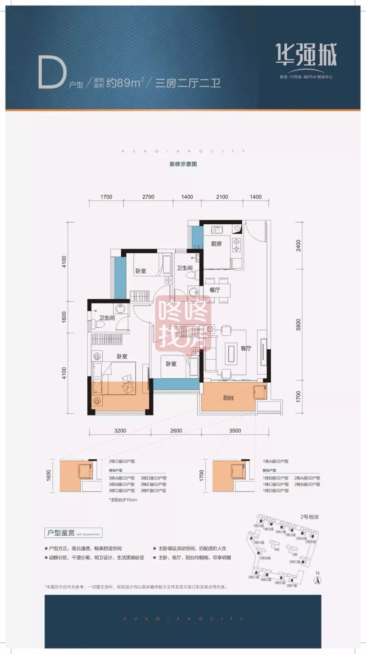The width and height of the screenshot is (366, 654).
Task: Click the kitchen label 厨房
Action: tap(216, 244)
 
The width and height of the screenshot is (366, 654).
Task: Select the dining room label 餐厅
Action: tap(215, 290)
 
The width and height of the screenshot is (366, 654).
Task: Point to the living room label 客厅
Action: tap(246, 348)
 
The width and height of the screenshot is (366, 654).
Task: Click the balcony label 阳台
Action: tap(228, 398)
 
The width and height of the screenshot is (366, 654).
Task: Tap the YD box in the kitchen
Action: tap(236, 229)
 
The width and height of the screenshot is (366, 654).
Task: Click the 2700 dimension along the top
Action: tap(148, 197)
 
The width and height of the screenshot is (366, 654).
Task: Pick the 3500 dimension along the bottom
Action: tap(235, 431)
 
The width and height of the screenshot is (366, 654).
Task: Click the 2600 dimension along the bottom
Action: tap(176, 431)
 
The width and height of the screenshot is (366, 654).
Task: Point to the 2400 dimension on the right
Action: tap(298, 245)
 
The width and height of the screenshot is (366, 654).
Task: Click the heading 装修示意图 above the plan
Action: tap(183, 164)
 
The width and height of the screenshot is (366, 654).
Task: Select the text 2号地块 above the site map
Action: tap(309, 517)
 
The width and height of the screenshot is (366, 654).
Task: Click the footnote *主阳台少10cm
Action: tap(123, 499)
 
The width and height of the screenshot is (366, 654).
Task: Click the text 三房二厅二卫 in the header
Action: tap(188, 83)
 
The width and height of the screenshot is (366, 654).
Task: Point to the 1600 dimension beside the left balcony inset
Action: tap(48, 475)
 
